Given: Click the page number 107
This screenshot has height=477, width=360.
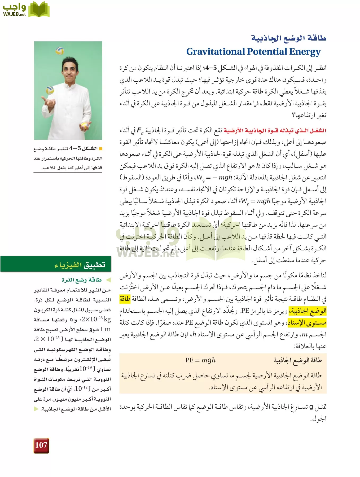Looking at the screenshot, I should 41,445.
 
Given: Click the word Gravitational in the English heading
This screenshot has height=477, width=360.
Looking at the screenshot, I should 215,52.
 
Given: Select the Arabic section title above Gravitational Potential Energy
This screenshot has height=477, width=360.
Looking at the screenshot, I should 289,38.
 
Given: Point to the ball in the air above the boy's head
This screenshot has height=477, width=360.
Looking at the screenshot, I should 60,51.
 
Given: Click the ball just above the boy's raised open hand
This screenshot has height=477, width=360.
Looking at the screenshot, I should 50,90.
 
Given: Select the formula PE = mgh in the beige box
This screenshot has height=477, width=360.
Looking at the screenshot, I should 200,360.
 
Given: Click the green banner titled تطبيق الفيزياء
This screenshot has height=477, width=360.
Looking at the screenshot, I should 56,264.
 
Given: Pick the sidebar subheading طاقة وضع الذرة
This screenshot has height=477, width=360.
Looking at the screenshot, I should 82,280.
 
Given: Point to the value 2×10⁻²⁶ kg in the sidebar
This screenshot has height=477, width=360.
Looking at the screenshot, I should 96,319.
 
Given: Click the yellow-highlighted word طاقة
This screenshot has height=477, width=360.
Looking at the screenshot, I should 125,299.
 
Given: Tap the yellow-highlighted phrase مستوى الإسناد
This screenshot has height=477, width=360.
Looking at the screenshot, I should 307,323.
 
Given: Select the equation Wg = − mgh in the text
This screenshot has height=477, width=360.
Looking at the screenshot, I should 214,178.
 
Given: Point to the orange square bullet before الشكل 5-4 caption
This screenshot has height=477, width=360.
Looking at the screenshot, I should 100,148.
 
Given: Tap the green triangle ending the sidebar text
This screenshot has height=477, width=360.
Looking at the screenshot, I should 36,409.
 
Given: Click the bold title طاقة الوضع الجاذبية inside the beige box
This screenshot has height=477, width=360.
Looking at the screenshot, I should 298,360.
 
